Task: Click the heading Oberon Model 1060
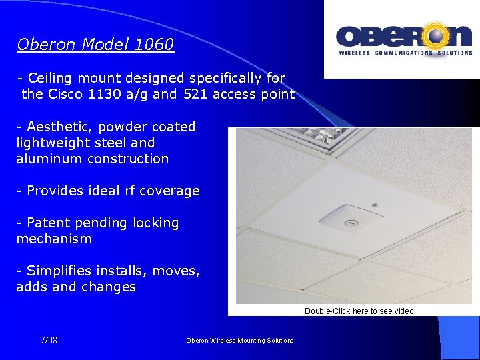pyautogui.click(x=95, y=45)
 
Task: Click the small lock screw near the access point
pyautogui.click(x=375, y=204)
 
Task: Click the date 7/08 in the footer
pyautogui.click(x=49, y=341)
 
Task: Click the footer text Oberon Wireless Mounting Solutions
pyautogui.click(x=240, y=341)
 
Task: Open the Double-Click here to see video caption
pyautogui.click(x=359, y=311)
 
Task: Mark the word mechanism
pyautogui.click(x=54, y=239)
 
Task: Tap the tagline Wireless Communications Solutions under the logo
pyautogui.click(x=404, y=52)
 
